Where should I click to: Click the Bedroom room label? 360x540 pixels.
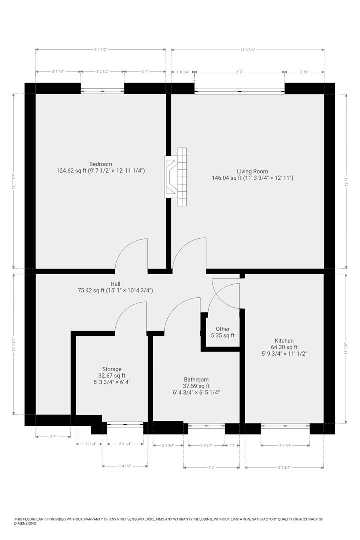click(100, 164)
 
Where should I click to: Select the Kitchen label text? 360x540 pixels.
click(284, 341)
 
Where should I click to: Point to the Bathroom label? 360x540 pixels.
click(196, 380)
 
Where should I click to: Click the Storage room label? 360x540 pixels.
click(112, 369)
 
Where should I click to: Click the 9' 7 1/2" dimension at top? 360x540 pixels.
click(101, 50)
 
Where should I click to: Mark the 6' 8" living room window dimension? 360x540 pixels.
click(240, 72)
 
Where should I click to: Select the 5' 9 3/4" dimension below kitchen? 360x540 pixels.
click(284, 468)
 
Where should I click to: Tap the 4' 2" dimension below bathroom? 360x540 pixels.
click(212, 468)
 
